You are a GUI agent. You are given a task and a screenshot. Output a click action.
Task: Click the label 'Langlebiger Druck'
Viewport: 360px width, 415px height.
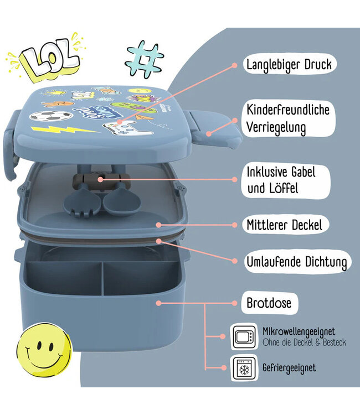[x=289, y=64]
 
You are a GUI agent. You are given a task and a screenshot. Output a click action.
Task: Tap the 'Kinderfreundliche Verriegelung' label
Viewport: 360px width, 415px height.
[x=289, y=118]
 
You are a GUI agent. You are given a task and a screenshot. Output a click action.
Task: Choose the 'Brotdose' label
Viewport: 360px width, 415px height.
[x=269, y=303]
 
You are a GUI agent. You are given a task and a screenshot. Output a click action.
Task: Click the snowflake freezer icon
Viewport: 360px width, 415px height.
[x=244, y=367]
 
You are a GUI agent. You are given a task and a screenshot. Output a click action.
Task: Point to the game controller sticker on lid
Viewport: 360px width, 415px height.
[x=121, y=129]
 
